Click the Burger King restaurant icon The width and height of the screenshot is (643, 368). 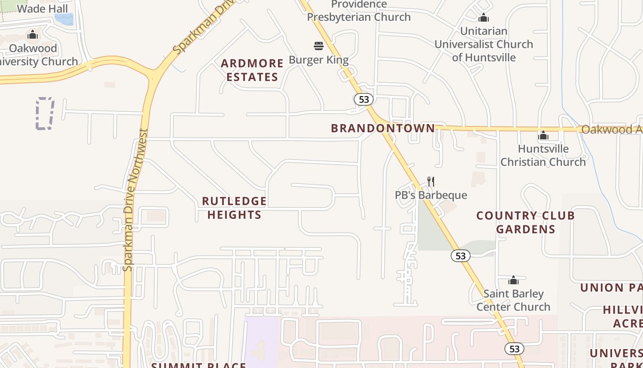(319, 46)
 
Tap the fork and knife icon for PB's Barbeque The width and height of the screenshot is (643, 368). (430, 182)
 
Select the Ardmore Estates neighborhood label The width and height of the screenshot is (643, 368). (252, 70)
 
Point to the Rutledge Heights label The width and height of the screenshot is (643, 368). (234, 208)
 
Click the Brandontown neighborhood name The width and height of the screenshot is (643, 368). (383, 128)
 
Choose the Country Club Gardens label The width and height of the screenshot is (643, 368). (525, 222)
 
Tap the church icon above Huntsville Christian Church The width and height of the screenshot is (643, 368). (543, 136)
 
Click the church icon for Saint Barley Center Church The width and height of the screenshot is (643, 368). (513, 280)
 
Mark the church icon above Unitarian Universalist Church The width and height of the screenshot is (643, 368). (483, 18)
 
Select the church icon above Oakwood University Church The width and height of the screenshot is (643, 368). (32, 34)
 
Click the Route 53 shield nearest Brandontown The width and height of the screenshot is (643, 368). (364, 99)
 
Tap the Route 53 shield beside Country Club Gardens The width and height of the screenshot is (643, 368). (460, 256)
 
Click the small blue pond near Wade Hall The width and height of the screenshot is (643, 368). (64, 19)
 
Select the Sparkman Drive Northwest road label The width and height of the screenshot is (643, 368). (134, 200)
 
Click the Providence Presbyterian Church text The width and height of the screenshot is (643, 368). (359, 11)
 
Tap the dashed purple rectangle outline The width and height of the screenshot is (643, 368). (45, 113)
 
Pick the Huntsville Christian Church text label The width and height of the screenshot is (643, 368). (543, 155)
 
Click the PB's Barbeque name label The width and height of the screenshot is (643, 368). (431, 195)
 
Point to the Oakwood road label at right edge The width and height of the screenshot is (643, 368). (611, 130)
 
